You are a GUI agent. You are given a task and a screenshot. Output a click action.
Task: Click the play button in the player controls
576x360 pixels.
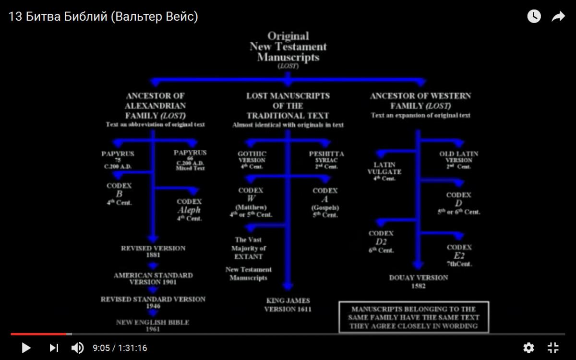[26, 348]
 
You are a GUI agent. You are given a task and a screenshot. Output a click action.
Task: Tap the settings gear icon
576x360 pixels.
[528, 348]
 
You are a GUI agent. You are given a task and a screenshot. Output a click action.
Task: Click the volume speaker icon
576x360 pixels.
[77, 348]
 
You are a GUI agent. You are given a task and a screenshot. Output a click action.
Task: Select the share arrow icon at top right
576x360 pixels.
[558, 17]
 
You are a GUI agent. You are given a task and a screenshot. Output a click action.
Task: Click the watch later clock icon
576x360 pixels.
[534, 17]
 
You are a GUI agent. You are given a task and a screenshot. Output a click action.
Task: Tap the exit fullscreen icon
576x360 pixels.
[553, 348]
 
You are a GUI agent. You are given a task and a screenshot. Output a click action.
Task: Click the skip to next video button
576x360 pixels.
[54, 348]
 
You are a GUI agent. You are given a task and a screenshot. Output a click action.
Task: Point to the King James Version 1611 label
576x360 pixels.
[288, 305]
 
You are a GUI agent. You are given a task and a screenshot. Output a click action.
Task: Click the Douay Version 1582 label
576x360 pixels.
[419, 282]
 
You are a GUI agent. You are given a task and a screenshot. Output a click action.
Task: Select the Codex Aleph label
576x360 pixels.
[189, 210]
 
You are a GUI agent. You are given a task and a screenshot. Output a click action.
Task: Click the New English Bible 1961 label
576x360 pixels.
[153, 325]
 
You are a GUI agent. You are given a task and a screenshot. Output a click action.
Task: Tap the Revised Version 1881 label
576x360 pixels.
[153, 252]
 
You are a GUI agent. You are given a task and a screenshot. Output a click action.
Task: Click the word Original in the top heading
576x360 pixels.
[288, 36]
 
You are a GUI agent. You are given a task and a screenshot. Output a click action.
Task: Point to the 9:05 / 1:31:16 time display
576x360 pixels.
[120, 348]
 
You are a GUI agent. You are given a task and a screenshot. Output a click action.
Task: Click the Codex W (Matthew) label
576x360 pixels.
[251, 202]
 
